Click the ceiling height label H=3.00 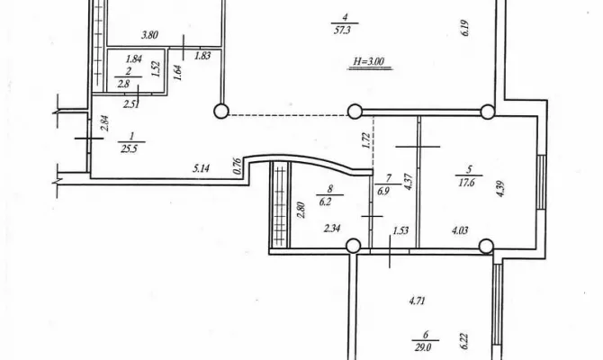pos(369,61)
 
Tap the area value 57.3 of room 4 pos(342,31)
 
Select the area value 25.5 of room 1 pos(129,148)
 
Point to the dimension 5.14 pos(201,168)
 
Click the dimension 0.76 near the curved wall pos(238,166)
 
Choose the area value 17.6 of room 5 pos(466,182)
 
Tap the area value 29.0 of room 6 pos(422,347)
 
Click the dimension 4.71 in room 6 pos(418,301)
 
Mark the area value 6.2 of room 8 pos(325,202)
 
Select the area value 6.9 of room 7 pos(383,191)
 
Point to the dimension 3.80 pos(149,35)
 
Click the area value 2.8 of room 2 pos(123,84)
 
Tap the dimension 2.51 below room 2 pos(131,104)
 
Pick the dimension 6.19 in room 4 pos(465,28)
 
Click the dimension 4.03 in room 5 pos(460,230)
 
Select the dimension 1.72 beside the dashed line pos(366,140)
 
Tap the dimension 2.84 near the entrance pos(104,123)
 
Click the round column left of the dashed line pos(221,112)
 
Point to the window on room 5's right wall pos(542,182)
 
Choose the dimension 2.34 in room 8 pos(332,229)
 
